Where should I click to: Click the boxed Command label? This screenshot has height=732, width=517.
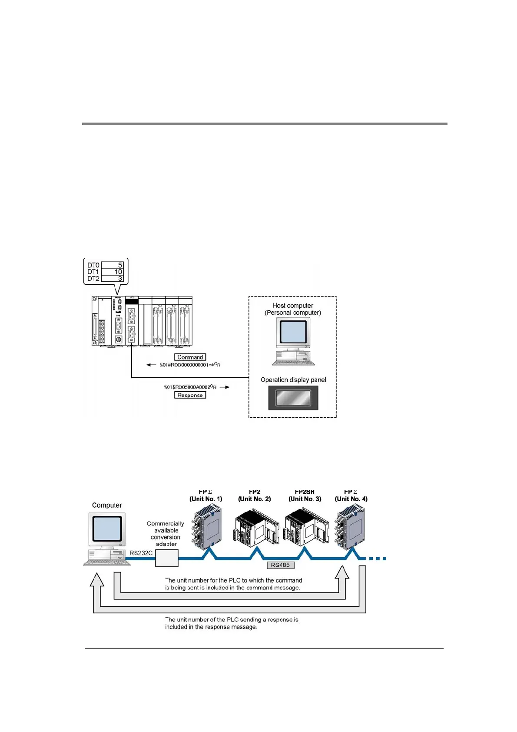190,357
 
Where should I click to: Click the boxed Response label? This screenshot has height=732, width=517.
190,395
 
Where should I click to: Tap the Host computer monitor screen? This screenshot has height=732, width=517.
293,332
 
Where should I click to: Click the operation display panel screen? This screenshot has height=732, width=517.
293,398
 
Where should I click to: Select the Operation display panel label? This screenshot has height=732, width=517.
293,379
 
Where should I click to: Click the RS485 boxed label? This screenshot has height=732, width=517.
280,565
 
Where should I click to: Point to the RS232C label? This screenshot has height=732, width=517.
141,553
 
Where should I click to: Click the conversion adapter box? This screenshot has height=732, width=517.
167,558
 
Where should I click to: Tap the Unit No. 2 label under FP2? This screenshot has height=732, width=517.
255,499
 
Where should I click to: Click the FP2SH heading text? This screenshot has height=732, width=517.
305,492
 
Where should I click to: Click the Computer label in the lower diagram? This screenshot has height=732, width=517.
107,505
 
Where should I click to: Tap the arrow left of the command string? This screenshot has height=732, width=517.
151,365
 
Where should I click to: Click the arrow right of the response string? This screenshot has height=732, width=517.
224,387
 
